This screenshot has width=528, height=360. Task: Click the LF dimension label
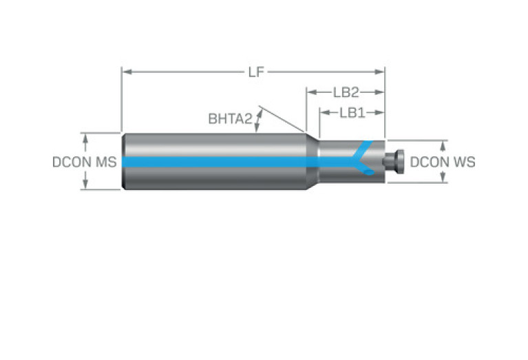(255, 72)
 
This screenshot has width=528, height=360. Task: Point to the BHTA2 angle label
(230, 119)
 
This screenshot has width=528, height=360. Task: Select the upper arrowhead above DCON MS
(85, 137)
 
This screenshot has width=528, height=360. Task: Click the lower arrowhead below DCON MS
(85, 185)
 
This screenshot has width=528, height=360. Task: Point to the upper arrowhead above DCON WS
(443, 145)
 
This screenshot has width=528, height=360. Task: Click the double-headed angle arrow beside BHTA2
(259, 120)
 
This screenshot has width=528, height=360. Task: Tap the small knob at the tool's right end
(394, 162)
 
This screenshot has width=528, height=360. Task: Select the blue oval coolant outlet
(370, 172)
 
